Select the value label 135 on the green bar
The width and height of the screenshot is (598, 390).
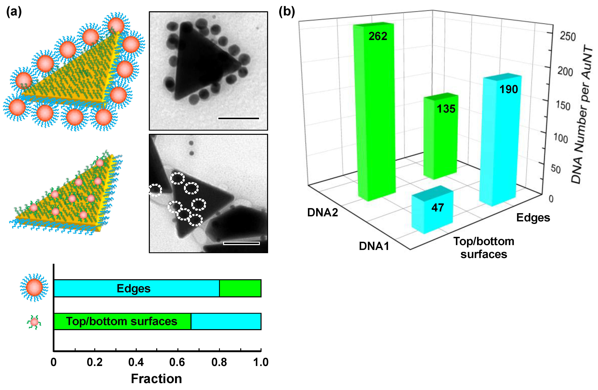[446, 109]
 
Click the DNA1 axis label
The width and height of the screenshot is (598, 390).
[374, 246]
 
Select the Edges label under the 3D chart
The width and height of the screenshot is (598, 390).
[533, 218]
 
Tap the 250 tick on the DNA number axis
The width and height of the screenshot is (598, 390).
[568, 37]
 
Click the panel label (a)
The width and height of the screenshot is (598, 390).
[14, 12]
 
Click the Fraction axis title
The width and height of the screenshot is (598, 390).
[156, 379]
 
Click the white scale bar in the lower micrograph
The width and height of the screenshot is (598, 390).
[241, 243]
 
